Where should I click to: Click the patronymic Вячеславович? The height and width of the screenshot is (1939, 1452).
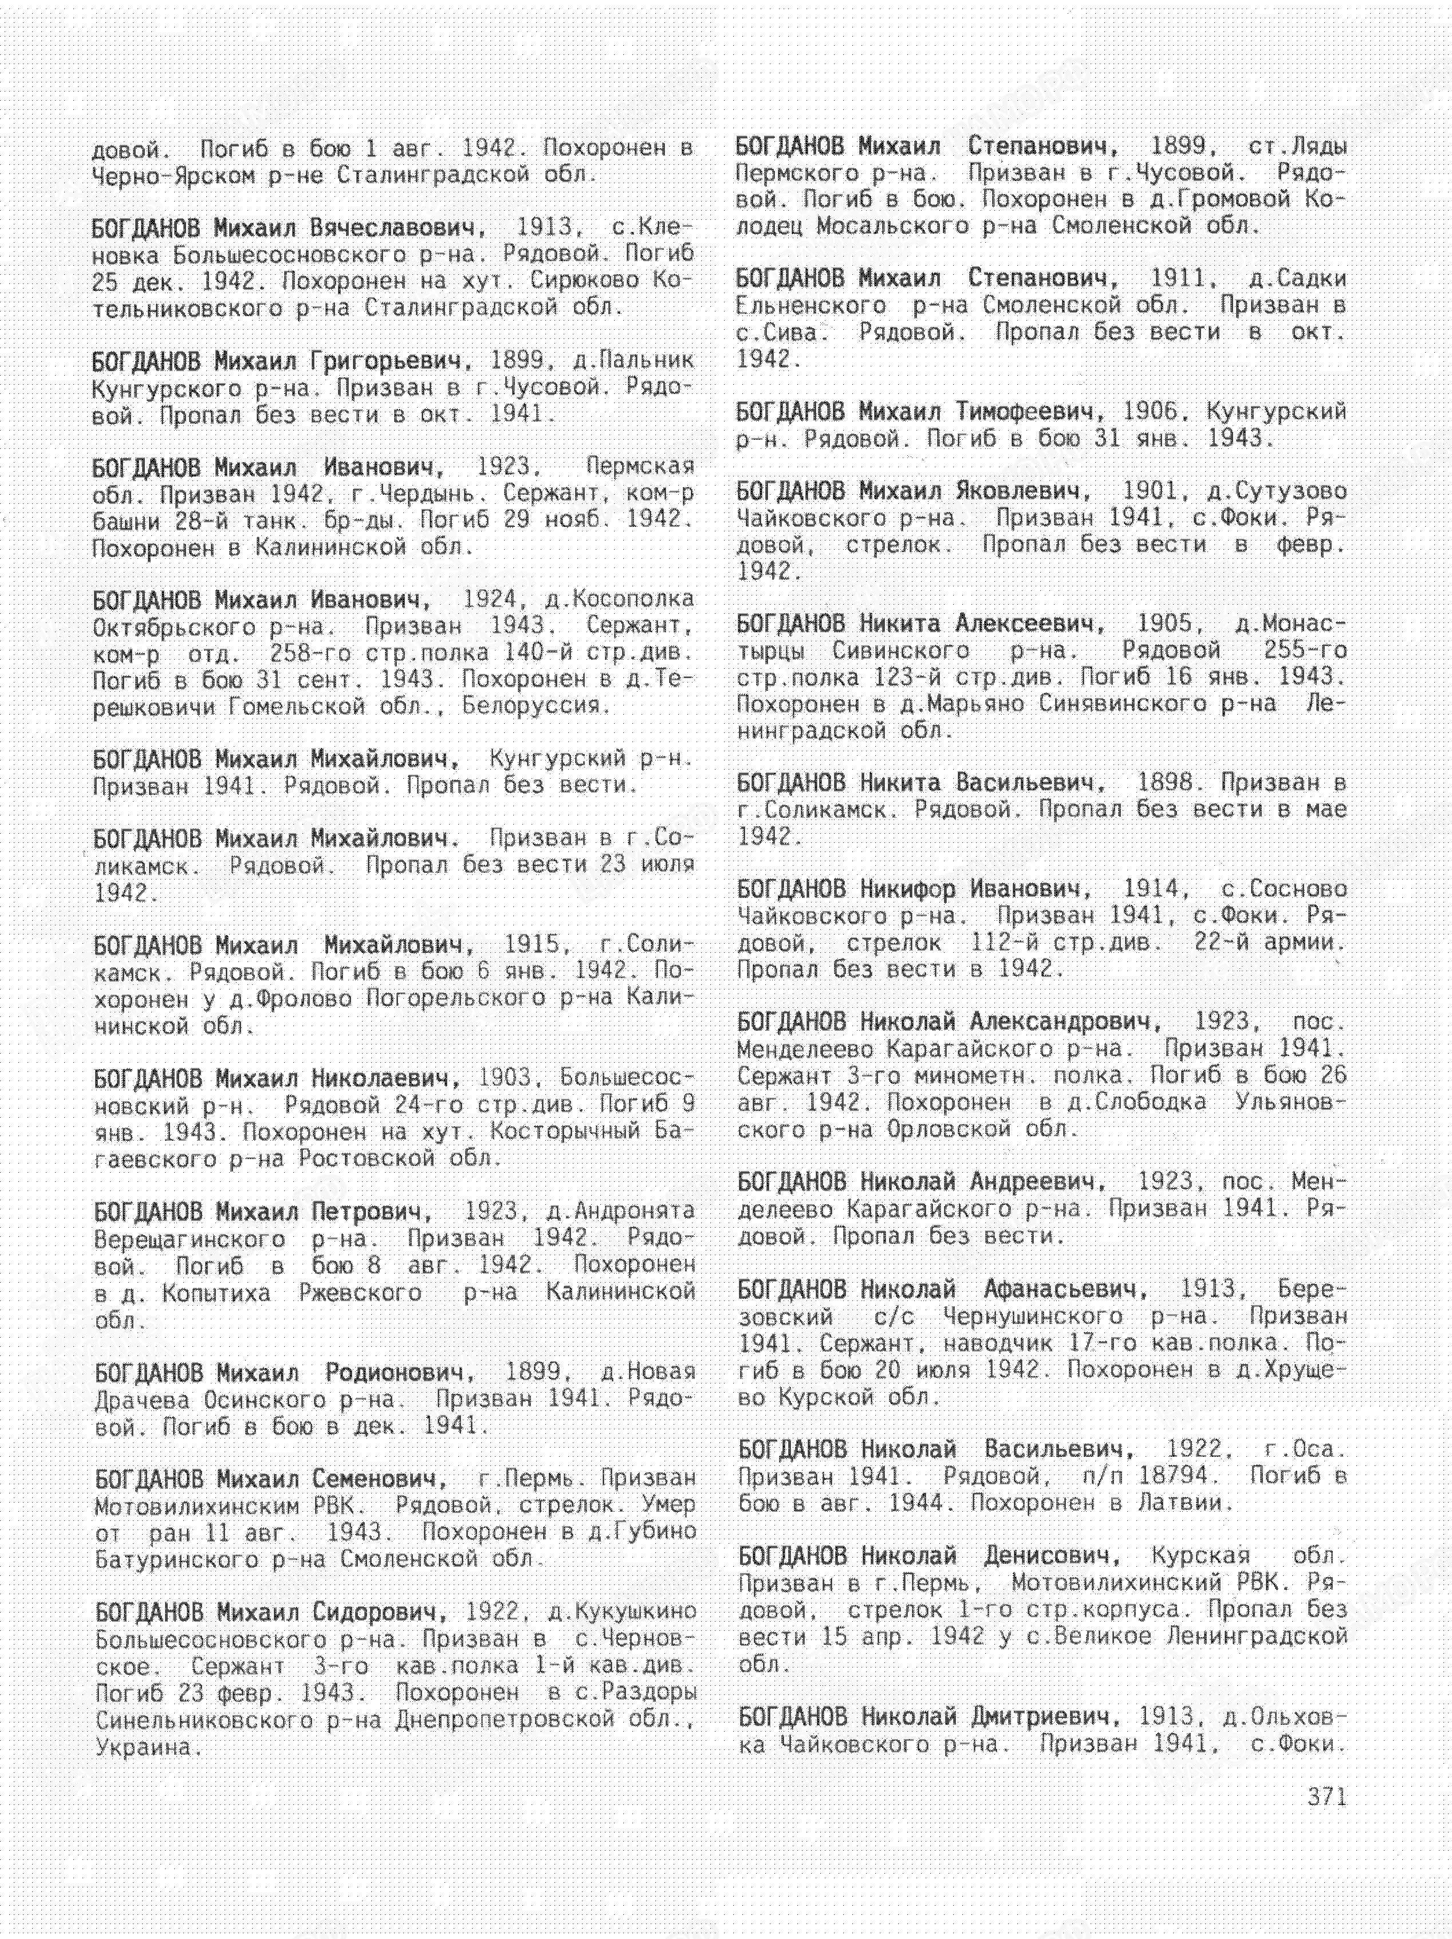pos(397,228)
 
